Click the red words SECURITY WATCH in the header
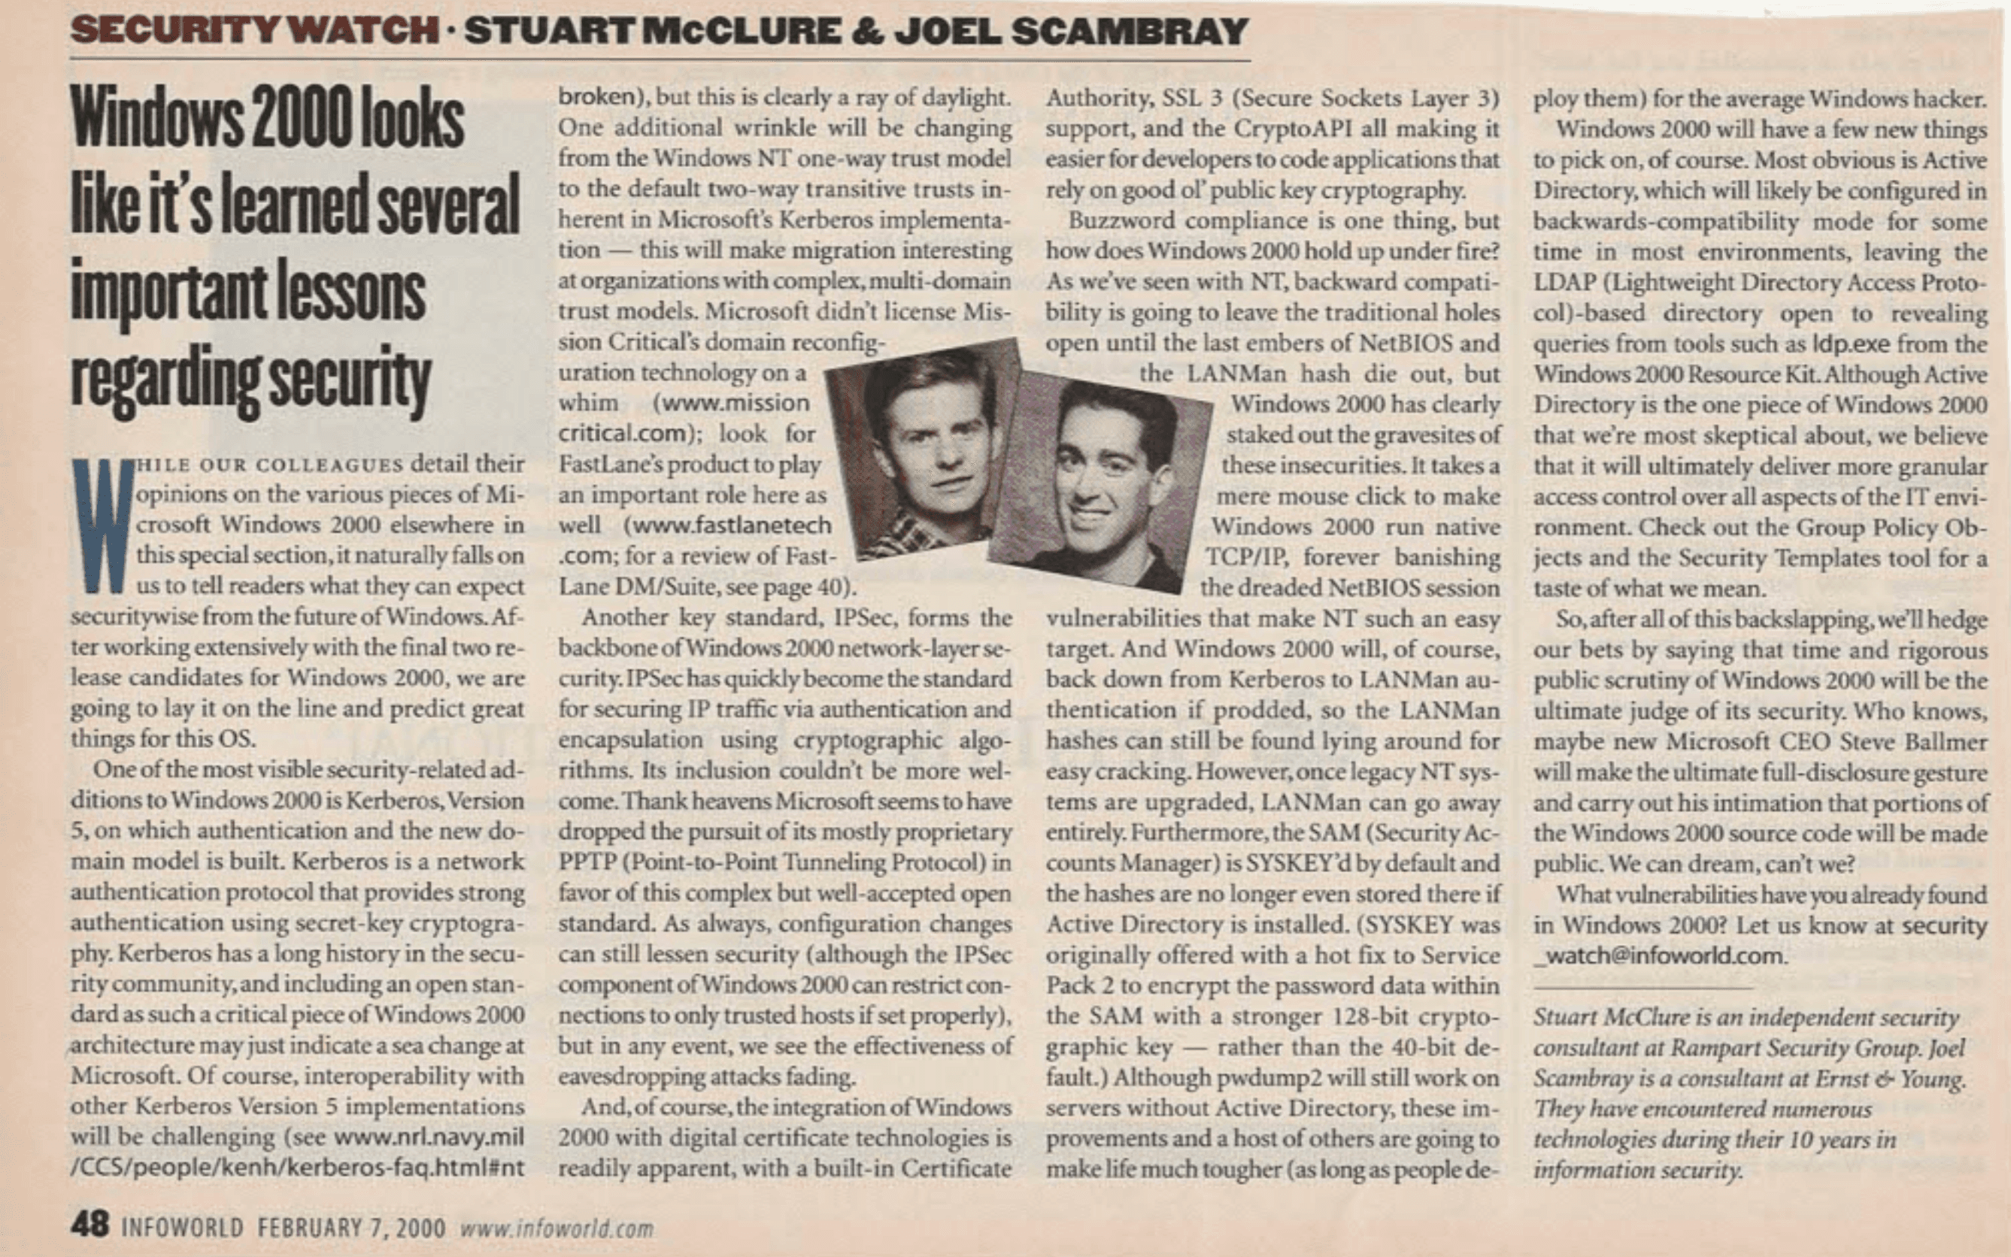(x=253, y=32)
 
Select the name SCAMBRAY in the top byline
(x=1130, y=32)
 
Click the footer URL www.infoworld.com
(x=557, y=1228)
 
